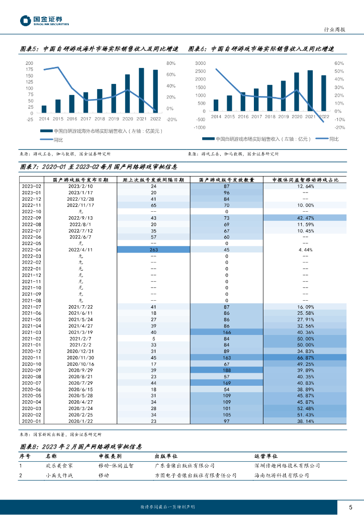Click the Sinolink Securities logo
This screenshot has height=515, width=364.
coord(44,21)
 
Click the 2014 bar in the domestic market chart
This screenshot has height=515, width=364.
coord(216,105)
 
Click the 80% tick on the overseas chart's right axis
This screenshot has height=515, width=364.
coord(171,63)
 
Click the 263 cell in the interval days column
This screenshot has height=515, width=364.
coord(153,249)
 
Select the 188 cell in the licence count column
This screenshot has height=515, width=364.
coord(226,370)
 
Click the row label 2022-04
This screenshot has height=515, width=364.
coord(31,249)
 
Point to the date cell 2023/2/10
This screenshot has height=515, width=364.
coord(81,186)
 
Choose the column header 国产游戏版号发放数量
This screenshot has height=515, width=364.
coord(226,179)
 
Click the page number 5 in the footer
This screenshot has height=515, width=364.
coord(350,506)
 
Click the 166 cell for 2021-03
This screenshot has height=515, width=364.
coord(226,332)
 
